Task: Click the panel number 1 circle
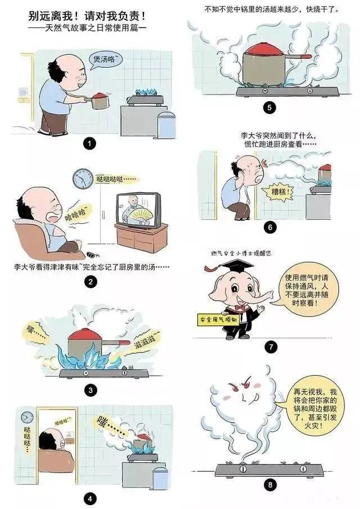click(x=90, y=143)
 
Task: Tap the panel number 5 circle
click(x=269, y=107)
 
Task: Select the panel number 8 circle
click(x=270, y=485)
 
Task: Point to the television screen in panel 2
click(x=138, y=210)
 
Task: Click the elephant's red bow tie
click(x=240, y=308)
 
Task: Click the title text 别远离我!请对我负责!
click(x=87, y=16)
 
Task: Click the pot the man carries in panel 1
click(x=99, y=101)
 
